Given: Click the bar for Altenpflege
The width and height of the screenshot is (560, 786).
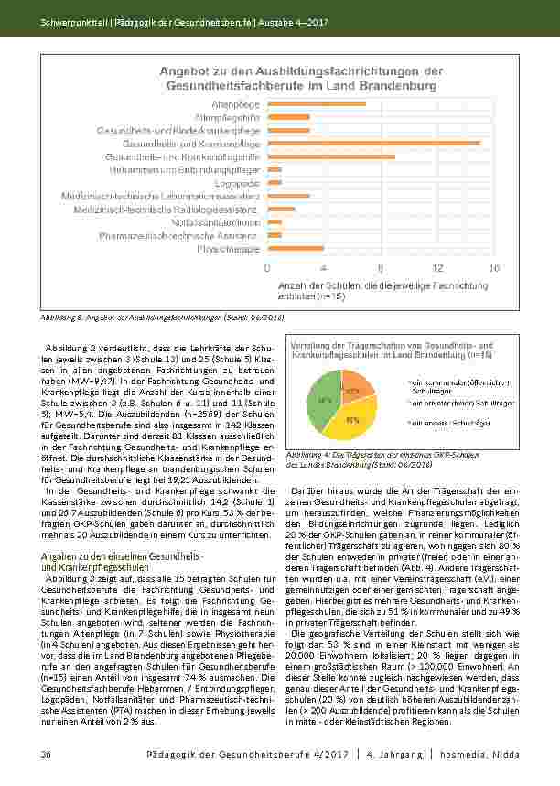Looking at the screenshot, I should pos(316,103).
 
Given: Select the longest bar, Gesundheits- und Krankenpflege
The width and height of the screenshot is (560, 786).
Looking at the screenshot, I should pos(373,143).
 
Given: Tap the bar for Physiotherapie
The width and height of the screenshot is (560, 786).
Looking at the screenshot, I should pos(295,248).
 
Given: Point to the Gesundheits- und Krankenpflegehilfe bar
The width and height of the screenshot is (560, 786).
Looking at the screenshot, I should pos(330,156).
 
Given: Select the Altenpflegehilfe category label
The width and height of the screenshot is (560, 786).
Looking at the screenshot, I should pos(234,117).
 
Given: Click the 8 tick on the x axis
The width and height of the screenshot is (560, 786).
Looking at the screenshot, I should pos(381,268).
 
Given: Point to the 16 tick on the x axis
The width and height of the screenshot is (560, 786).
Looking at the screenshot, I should pos(494,268).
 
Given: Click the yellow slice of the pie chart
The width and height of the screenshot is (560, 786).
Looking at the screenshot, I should pos(352,420).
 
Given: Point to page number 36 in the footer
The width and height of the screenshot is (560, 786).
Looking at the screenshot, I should pos(44,752).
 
